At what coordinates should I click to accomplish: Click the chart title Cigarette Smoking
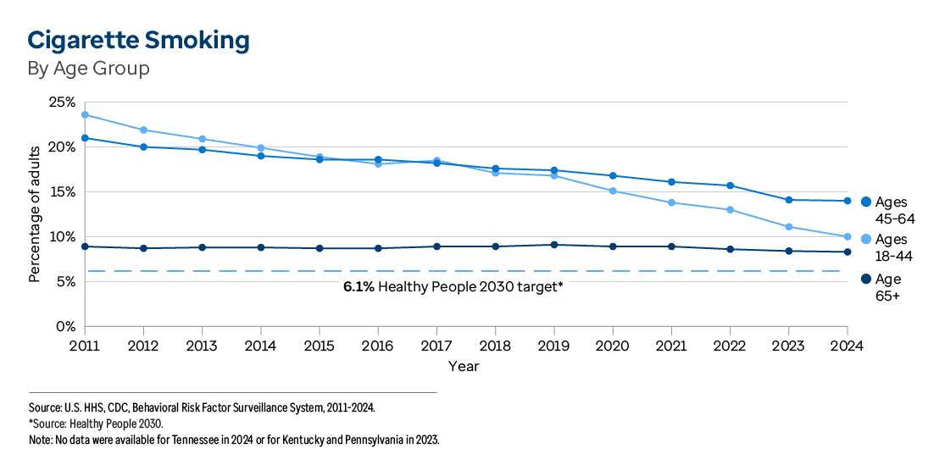click(138, 41)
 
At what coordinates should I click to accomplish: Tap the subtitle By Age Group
click(88, 69)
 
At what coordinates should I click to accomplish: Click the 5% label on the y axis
click(67, 281)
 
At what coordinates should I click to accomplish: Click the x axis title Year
click(464, 366)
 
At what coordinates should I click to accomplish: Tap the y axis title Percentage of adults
click(35, 214)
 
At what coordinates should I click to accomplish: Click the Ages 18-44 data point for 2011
click(85, 114)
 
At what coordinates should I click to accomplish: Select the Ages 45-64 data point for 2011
click(85, 138)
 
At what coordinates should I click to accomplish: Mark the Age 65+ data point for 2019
click(554, 245)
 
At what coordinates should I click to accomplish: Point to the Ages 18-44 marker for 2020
click(613, 191)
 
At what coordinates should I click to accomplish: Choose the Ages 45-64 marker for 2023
click(788, 200)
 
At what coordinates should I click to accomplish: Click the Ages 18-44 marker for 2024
click(847, 236)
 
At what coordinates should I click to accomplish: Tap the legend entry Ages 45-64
click(890, 208)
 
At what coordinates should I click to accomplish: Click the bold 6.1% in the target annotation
click(359, 287)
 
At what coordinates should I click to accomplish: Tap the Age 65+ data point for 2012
click(143, 248)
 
